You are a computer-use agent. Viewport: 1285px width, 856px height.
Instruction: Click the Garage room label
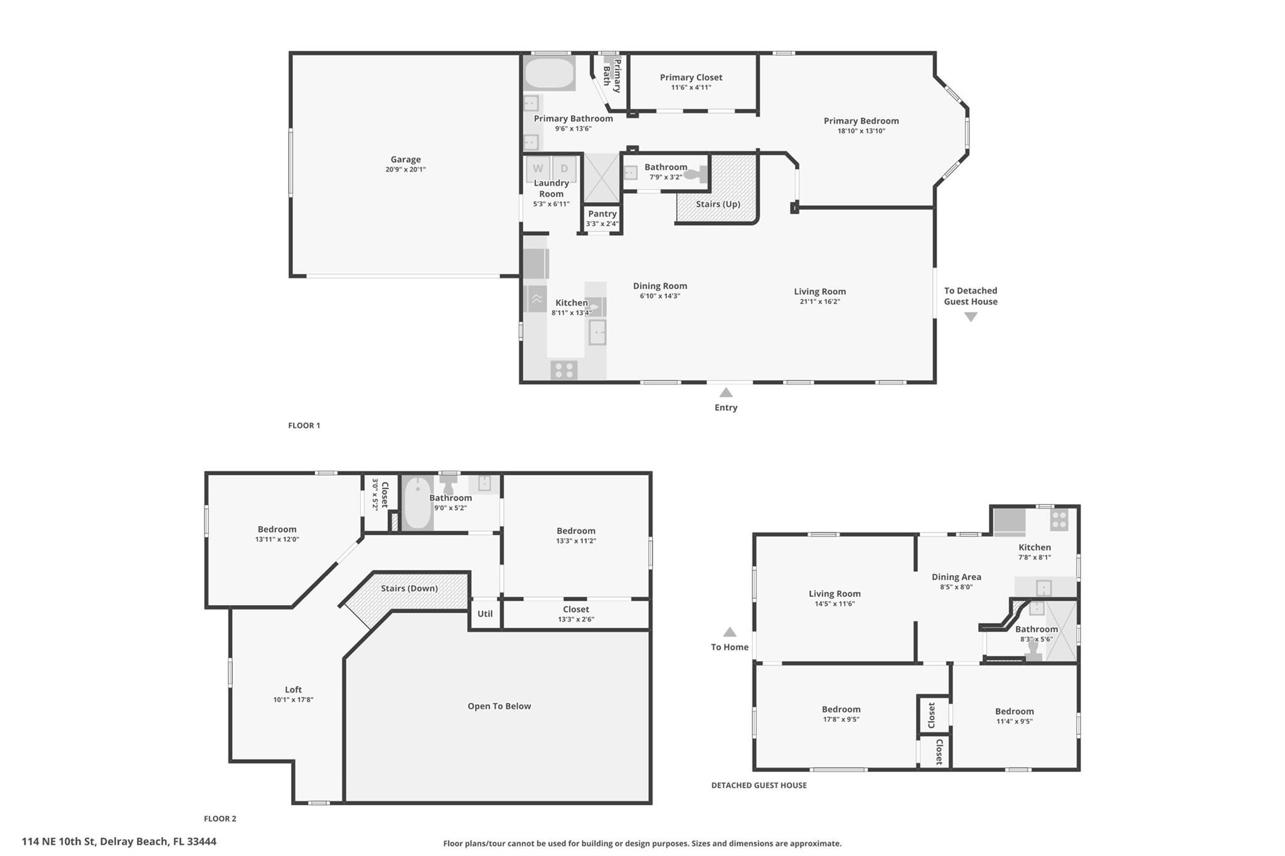[405, 159]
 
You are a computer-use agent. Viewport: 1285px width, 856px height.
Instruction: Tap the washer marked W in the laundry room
[538, 168]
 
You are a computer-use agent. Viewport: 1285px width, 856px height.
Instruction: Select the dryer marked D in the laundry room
[564, 168]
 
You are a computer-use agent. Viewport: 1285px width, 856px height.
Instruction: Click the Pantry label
[602, 214]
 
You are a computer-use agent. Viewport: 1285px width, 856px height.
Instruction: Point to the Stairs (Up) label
[718, 204]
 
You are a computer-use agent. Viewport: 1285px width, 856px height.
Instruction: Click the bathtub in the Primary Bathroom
[550, 74]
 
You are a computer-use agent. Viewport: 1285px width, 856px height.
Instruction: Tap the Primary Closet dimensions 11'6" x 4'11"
[691, 88]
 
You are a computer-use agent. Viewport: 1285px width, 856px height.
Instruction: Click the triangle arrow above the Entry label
[726, 393]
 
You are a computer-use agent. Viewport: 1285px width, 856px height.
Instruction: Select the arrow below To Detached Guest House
[971, 317]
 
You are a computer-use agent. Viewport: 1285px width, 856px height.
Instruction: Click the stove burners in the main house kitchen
[564, 370]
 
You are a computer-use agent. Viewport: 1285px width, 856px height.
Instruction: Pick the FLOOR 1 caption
[304, 425]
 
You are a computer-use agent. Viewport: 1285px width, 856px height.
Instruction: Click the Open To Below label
[499, 706]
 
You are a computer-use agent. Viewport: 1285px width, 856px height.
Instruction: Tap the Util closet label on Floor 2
[485, 614]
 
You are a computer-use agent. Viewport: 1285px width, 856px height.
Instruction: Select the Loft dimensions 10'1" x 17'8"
[293, 700]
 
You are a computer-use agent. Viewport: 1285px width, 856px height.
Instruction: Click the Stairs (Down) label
[409, 588]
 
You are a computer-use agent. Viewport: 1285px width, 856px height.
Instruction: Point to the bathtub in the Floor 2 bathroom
[417, 504]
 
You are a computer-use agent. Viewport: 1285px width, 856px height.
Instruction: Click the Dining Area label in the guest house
[956, 577]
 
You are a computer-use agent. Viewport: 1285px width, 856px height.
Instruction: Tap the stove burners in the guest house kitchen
[1059, 520]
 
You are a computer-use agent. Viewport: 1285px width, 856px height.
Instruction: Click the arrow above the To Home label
[730, 632]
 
